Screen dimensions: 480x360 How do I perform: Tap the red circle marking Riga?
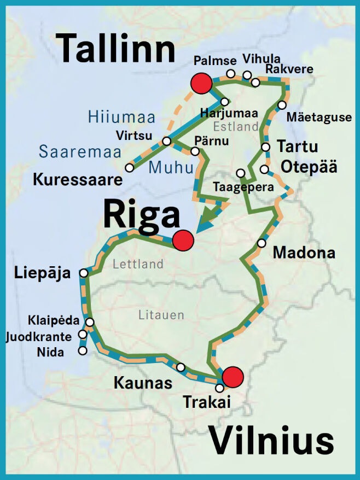[x=183, y=240]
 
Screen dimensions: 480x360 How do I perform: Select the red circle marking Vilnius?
[x=233, y=377]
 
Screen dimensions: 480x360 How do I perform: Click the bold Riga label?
[x=142, y=215]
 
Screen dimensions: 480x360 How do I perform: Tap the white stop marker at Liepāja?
[x=84, y=273]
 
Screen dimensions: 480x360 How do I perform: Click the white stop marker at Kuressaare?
[x=129, y=168]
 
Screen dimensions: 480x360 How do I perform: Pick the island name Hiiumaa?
[x=121, y=117]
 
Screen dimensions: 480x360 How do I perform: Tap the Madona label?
[x=304, y=253]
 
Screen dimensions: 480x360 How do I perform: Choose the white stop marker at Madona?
[x=262, y=243]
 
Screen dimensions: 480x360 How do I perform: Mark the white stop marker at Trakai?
[x=219, y=388]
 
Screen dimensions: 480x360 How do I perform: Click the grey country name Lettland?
[x=138, y=264]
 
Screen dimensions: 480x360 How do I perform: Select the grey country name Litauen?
[x=161, y=315]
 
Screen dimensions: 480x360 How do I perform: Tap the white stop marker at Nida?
[x=83, y=350]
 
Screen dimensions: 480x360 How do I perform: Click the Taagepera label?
[x=236, y=186]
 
